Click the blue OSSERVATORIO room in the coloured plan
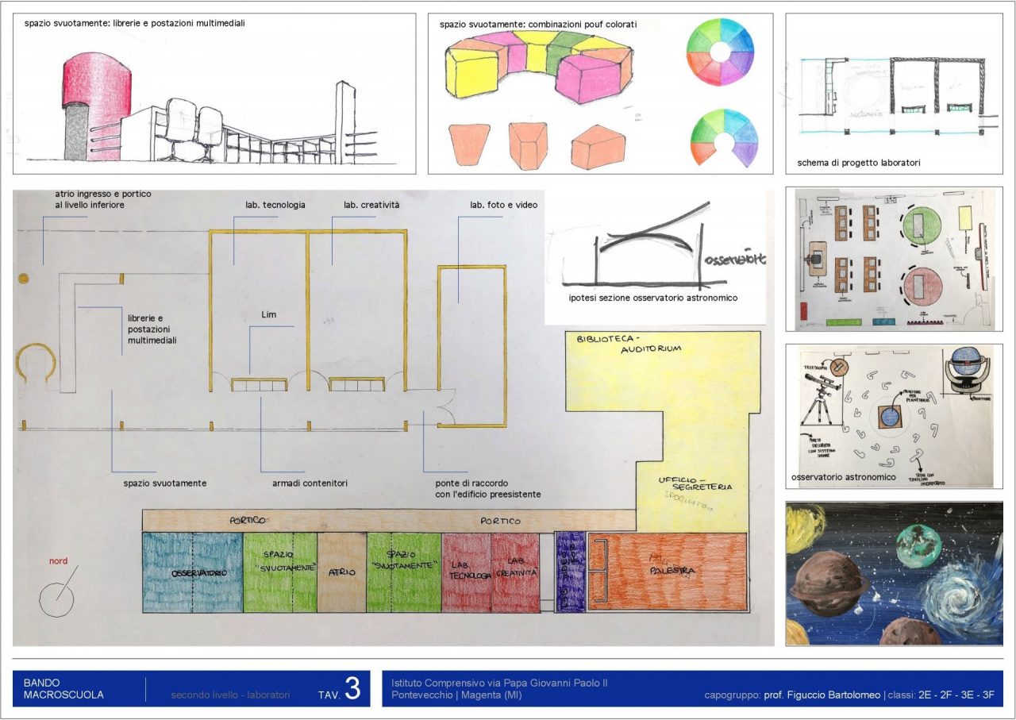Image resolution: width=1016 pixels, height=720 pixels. (193, 572)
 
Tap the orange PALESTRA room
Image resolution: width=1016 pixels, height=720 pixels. (667, 572)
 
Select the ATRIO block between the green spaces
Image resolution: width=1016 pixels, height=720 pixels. (342, 572)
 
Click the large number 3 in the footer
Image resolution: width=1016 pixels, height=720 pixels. (352, 689)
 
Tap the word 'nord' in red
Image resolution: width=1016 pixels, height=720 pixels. (59, 561)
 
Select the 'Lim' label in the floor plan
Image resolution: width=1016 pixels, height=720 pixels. (268, 314)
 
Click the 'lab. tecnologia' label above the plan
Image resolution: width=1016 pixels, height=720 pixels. (275, 205)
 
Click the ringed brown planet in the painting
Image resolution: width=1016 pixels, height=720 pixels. (829, 583)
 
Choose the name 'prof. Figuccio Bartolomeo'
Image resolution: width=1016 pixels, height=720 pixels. (822, 695)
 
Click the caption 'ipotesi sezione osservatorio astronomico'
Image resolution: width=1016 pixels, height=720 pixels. (653, 298)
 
